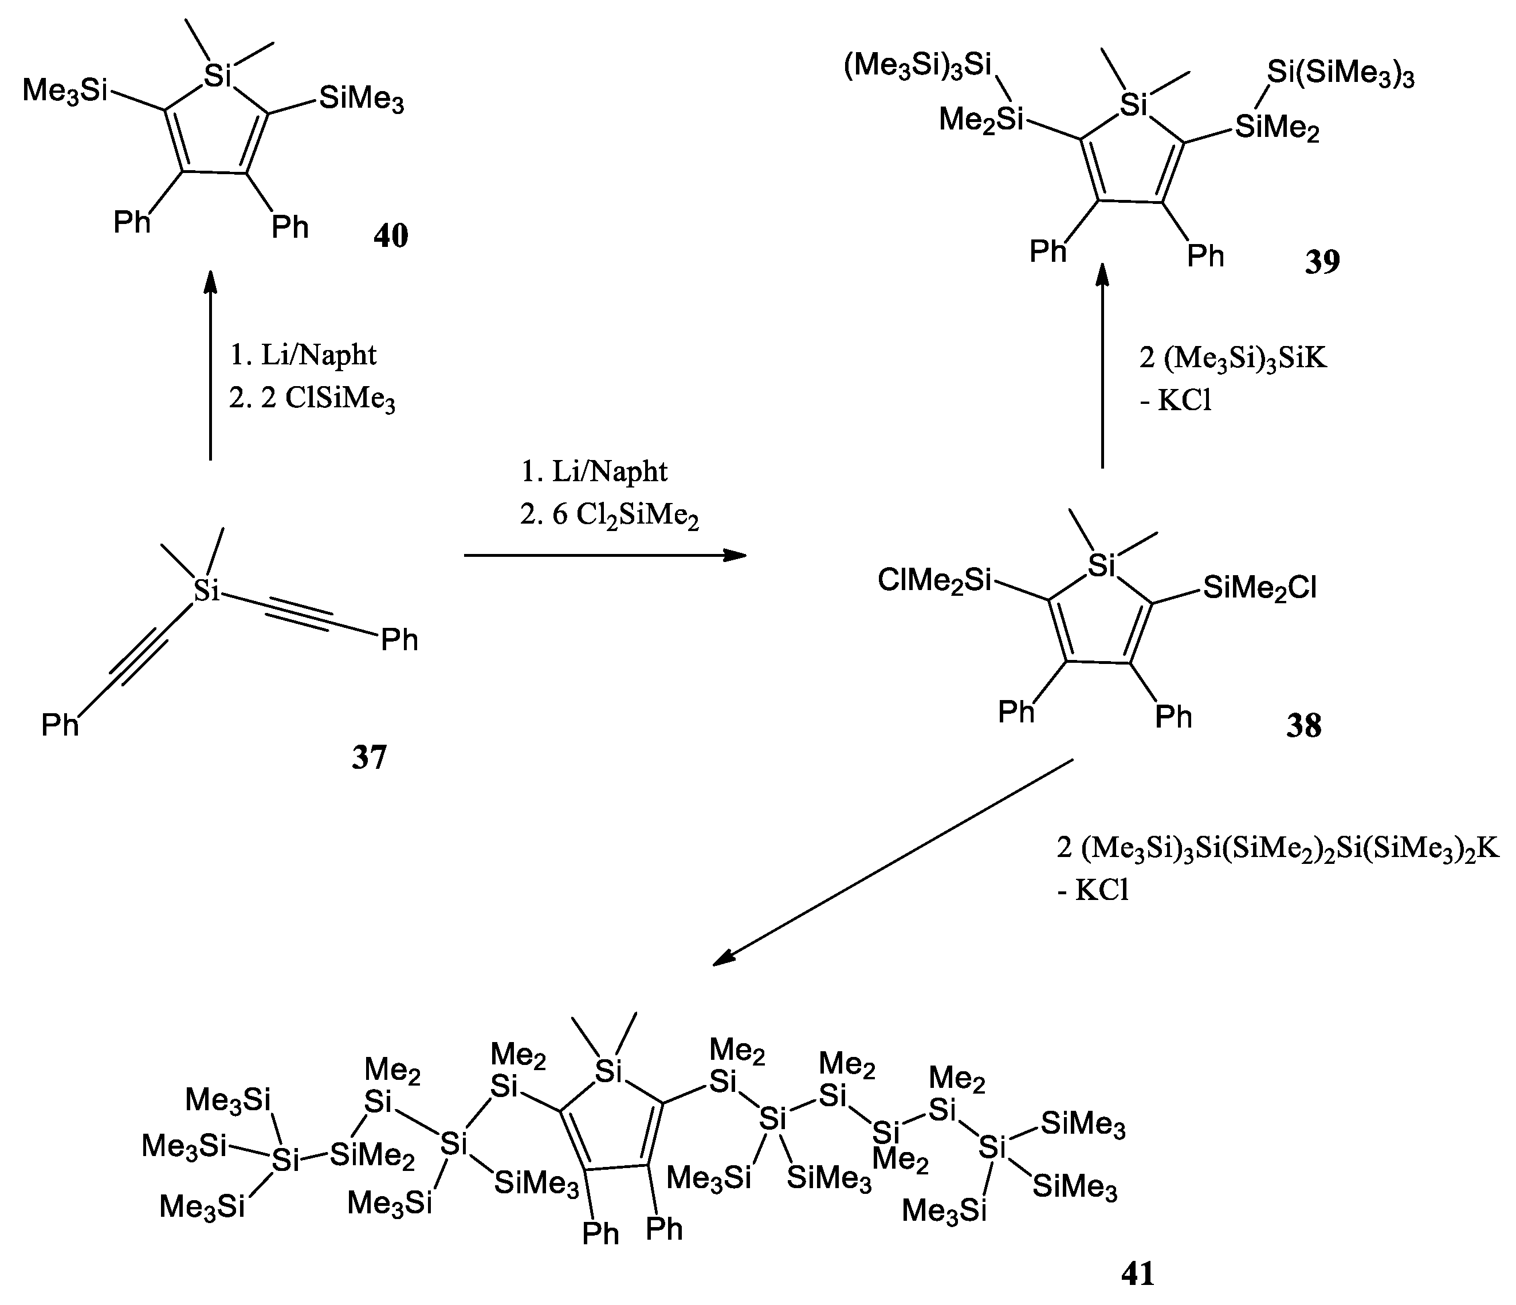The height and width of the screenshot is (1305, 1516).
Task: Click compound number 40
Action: coord(391,235)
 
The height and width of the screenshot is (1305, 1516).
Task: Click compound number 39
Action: coord(1322,262)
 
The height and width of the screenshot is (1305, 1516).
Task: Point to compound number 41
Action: coord(1138,1273)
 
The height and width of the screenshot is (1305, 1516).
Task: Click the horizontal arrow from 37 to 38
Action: coord(604,555)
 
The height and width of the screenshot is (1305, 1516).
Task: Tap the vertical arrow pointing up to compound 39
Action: coord(1102,365)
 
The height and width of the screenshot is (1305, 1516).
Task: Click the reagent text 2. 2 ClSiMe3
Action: coord(312,399)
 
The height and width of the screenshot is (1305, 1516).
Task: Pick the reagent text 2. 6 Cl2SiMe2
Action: coord(610,516)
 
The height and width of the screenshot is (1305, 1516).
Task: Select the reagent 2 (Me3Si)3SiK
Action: coord(1233,359)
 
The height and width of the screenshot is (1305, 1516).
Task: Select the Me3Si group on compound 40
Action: coord(65,92)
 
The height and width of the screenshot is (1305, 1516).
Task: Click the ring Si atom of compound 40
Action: coord(217,76)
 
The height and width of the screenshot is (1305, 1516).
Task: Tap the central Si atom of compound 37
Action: coord(207,590)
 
